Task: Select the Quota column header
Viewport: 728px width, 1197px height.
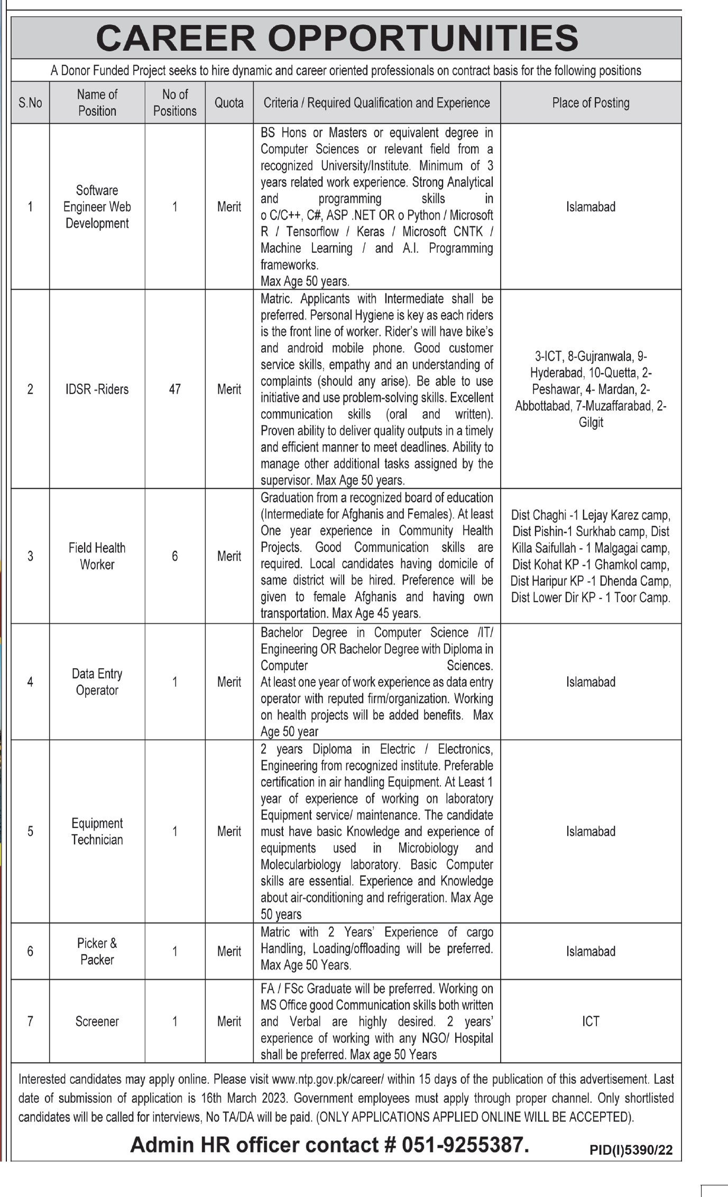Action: click(229, 103)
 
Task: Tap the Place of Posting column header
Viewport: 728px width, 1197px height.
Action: click(591, 103)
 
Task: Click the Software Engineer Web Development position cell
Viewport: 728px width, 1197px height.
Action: click(97, 207)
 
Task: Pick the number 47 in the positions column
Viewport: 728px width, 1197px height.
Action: click(174, 389)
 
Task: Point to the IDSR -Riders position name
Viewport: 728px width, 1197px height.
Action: click(97, 389)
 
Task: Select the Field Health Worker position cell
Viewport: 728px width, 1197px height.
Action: click(97, 556)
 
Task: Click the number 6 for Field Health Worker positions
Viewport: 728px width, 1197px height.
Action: click(174, 556)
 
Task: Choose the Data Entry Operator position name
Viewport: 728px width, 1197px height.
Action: click(97, 682)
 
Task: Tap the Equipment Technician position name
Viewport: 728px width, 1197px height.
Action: click(97, 831)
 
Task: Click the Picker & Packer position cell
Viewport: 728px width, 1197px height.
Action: click(97, 951)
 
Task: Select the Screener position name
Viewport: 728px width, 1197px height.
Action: click(97, 1021)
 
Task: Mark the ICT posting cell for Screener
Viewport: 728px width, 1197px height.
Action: click(591, 1021)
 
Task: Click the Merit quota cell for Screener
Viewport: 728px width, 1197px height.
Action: click(229, 1021)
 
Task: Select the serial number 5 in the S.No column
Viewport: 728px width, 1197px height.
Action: click(30, 831)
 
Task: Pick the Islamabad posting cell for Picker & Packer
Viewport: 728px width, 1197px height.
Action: click(591, 951)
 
